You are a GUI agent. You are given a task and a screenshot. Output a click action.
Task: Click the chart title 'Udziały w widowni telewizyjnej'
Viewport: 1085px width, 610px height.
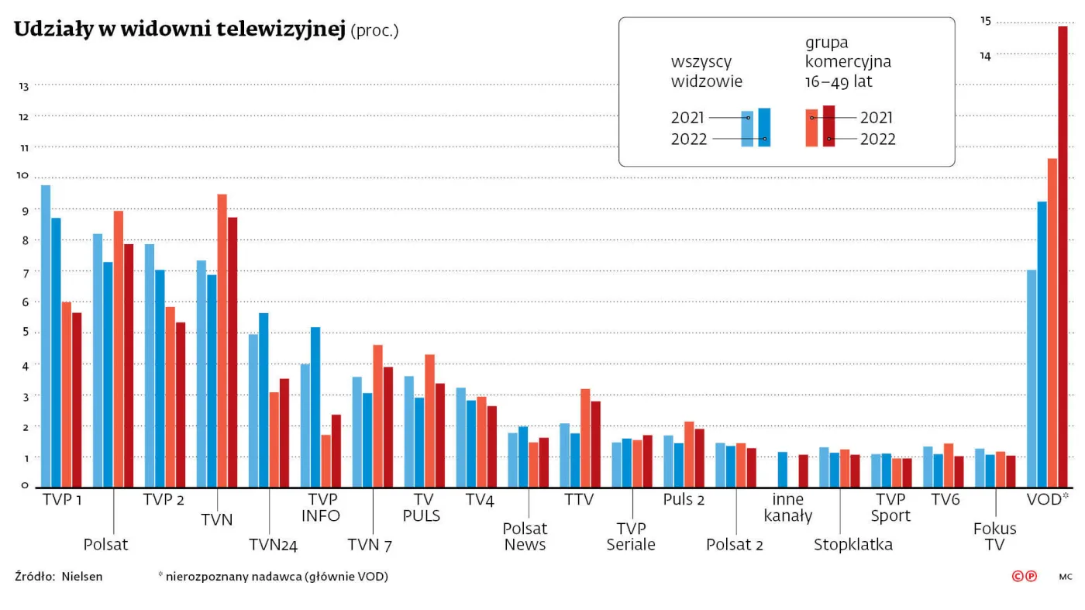(179, 30)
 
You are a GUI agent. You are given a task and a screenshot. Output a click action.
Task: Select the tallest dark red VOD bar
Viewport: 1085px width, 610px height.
(1063, 256)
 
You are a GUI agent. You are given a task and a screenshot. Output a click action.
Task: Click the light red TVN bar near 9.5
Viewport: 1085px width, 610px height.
(222, 340)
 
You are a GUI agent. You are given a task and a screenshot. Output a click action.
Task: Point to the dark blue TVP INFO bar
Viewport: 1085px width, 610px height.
(315, 407)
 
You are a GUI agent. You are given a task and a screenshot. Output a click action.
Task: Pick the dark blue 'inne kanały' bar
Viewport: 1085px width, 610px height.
(783, 469)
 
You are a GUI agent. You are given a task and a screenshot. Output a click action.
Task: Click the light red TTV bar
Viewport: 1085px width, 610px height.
(586, 438)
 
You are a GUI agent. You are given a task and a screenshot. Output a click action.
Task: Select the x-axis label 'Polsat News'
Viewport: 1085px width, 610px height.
(525, 536)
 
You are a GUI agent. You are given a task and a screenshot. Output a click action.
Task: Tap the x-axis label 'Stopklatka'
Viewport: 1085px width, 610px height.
(852, 545)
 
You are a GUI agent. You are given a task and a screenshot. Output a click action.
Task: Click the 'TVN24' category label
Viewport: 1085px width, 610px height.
(273, 545)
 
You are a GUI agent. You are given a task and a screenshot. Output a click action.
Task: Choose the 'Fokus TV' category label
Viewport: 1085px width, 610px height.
(994, 536)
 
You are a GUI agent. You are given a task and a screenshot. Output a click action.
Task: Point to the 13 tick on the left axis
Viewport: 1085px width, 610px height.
(23, 87)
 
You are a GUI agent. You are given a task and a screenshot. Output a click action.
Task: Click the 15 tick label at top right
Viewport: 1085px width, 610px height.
(985, 21)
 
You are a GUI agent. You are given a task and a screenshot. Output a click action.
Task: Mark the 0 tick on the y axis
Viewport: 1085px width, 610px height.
(25, 486)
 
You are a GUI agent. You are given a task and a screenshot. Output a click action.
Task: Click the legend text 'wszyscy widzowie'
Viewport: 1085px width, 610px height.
(706, 71)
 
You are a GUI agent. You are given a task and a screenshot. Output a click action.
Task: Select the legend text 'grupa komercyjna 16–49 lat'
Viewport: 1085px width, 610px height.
(848, 62)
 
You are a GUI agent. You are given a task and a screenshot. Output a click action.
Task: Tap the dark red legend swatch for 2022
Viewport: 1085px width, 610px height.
(828, 126)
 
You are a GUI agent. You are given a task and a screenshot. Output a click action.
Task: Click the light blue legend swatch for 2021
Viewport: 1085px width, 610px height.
(747, 129)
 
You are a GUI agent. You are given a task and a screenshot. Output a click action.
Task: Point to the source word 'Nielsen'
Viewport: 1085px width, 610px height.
(82, 577)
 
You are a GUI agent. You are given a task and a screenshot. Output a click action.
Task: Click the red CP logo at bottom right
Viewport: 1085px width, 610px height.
(1024, 576)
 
